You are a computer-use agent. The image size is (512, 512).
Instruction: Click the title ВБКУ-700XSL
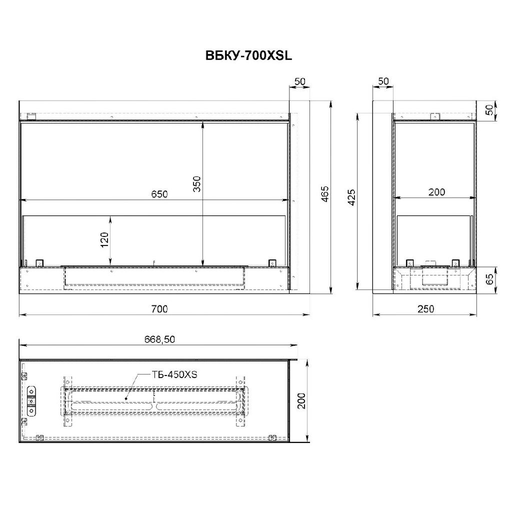(248, 56)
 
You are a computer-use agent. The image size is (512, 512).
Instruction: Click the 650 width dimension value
(159, 194)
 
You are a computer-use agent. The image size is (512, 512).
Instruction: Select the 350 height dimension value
(196, 184)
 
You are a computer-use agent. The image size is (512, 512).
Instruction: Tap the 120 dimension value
(104, 239)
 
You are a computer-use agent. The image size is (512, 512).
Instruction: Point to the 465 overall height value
(325, 194)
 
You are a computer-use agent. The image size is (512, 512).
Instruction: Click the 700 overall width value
(159, 308)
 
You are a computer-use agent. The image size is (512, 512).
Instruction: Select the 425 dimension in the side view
(351, 197)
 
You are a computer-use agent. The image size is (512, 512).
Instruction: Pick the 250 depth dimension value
(426, 308)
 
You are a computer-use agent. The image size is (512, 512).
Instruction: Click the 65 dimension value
(490, 279)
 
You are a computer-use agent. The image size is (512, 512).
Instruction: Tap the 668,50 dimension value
(159, 339)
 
